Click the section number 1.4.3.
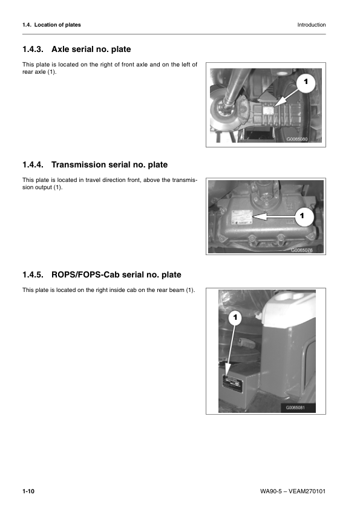(x=34, y=48)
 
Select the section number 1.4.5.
(x=34, y=275)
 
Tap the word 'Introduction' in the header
(x=312, y=25)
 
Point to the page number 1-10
(x=28, y=492)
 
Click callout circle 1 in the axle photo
(x=307, y=82)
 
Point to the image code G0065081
(x=299, y=407)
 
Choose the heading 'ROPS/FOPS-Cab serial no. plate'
(x=116, y=275)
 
